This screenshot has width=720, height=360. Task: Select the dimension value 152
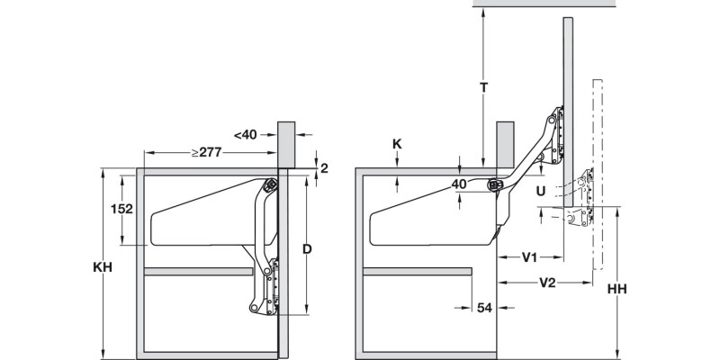point(121,208)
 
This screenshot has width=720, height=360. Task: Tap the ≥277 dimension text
point(206,152)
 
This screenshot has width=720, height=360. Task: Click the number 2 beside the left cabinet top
point(324,167)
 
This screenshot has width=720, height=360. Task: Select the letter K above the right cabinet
point(398,143)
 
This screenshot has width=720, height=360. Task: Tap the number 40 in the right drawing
point(459,184)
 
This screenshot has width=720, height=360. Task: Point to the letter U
point(539,191)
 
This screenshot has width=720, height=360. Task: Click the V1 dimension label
point(530,257)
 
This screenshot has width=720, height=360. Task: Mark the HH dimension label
point(616,290)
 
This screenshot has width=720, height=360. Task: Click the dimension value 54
point(483,308)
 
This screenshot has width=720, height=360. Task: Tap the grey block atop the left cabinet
point(286,142)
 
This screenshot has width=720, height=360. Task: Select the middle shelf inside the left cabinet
point(198,270)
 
